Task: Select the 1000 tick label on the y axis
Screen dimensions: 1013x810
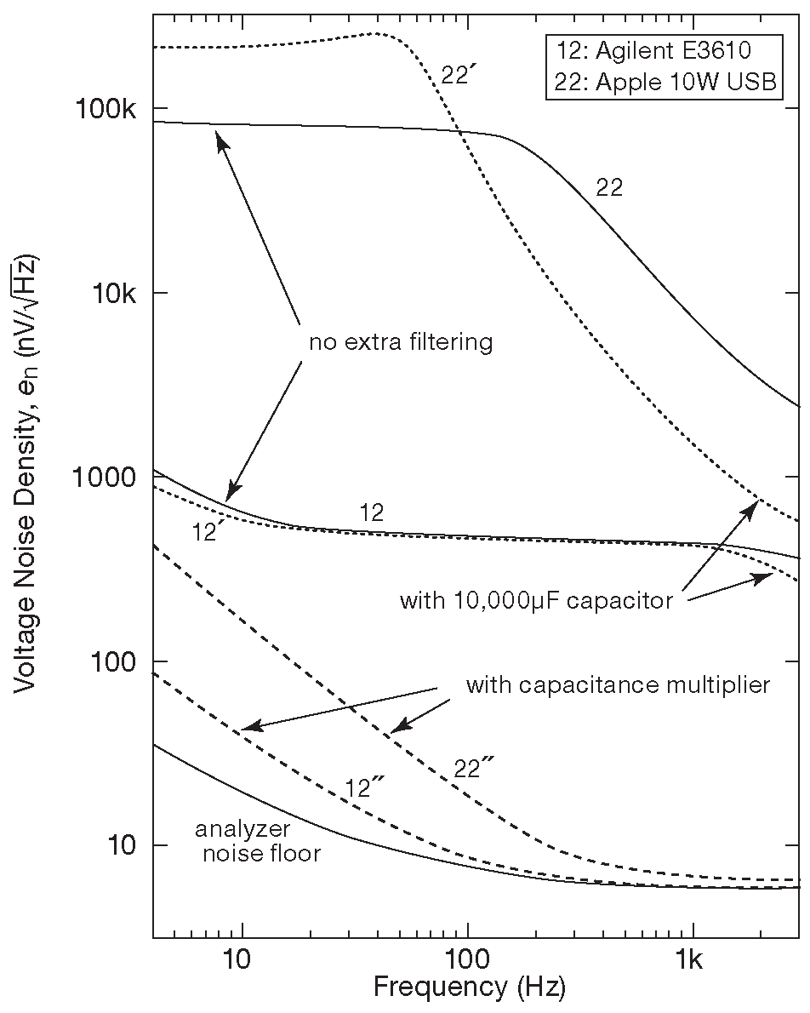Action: pos(111,477)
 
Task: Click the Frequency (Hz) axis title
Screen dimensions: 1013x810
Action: pos(469,987)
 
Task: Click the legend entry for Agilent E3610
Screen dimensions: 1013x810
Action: pos(660,51)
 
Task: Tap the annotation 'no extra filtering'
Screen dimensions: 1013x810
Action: pos(401,343)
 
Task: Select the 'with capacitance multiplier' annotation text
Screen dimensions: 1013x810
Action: pos(617,684)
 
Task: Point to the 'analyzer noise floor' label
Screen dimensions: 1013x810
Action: pos(260,841)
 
